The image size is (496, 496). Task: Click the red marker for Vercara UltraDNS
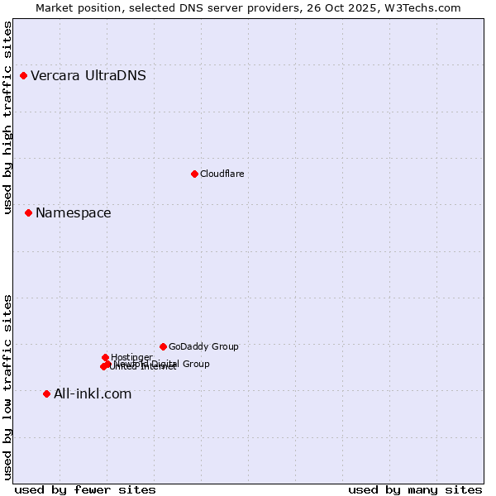coord(24,76)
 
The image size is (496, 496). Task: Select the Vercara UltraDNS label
coord(88,76)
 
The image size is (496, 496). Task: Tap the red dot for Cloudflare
coord(194,174)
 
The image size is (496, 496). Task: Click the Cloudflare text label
coord(222,174)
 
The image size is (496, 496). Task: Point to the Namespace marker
coord(28,213)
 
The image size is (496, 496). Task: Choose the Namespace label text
coord(73,213)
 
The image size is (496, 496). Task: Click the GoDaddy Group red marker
coord(163,346)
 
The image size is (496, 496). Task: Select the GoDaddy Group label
coord(203,347)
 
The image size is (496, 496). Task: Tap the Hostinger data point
coord(105,357)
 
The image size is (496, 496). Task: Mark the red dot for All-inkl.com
coord(46,393)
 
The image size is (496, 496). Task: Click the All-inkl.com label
coord(93,394)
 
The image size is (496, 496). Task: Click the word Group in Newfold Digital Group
coord(196,364)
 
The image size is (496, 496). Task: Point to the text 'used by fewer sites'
coord(85,490)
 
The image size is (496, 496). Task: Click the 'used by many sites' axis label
coord(415,490)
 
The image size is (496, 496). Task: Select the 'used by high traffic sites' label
coord(7,117)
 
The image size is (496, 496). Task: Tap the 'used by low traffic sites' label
coord(7,386)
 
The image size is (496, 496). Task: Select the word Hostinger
coord(131,358)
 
